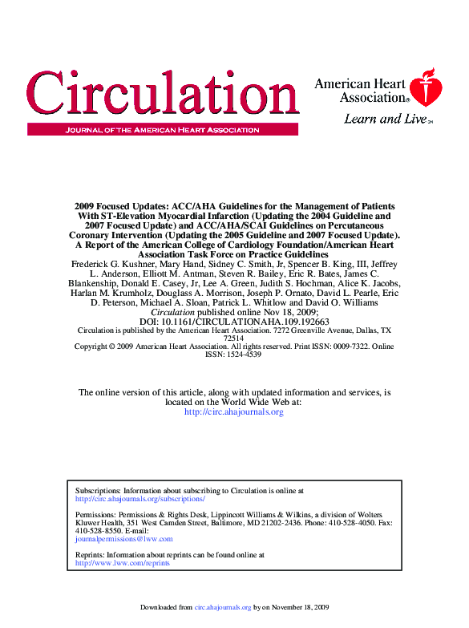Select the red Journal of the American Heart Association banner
coord(162,129)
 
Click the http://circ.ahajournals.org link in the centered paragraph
coord(233,412)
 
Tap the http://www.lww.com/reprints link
coord(122,564)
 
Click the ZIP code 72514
coord(233,338)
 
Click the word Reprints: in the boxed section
coord(90,555)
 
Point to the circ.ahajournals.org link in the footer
coord(222,608)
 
